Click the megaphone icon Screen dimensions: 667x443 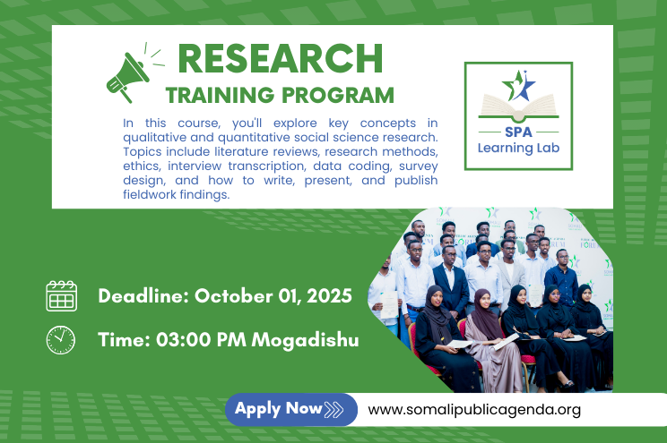128,76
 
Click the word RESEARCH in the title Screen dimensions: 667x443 281,58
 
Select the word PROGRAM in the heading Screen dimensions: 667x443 338,95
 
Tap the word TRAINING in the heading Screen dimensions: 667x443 220,95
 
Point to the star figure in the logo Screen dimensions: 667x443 518,85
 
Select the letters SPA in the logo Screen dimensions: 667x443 518,132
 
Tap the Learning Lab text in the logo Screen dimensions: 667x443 518,148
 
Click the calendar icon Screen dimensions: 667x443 62,296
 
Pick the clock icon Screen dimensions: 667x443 61,340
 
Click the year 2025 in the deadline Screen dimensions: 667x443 329,296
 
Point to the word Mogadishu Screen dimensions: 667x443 305,341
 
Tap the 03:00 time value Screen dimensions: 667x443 184,340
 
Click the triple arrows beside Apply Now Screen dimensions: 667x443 333,410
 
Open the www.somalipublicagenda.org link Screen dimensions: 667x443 474,410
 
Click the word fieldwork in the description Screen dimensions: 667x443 150,194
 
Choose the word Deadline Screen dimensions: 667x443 143,296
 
